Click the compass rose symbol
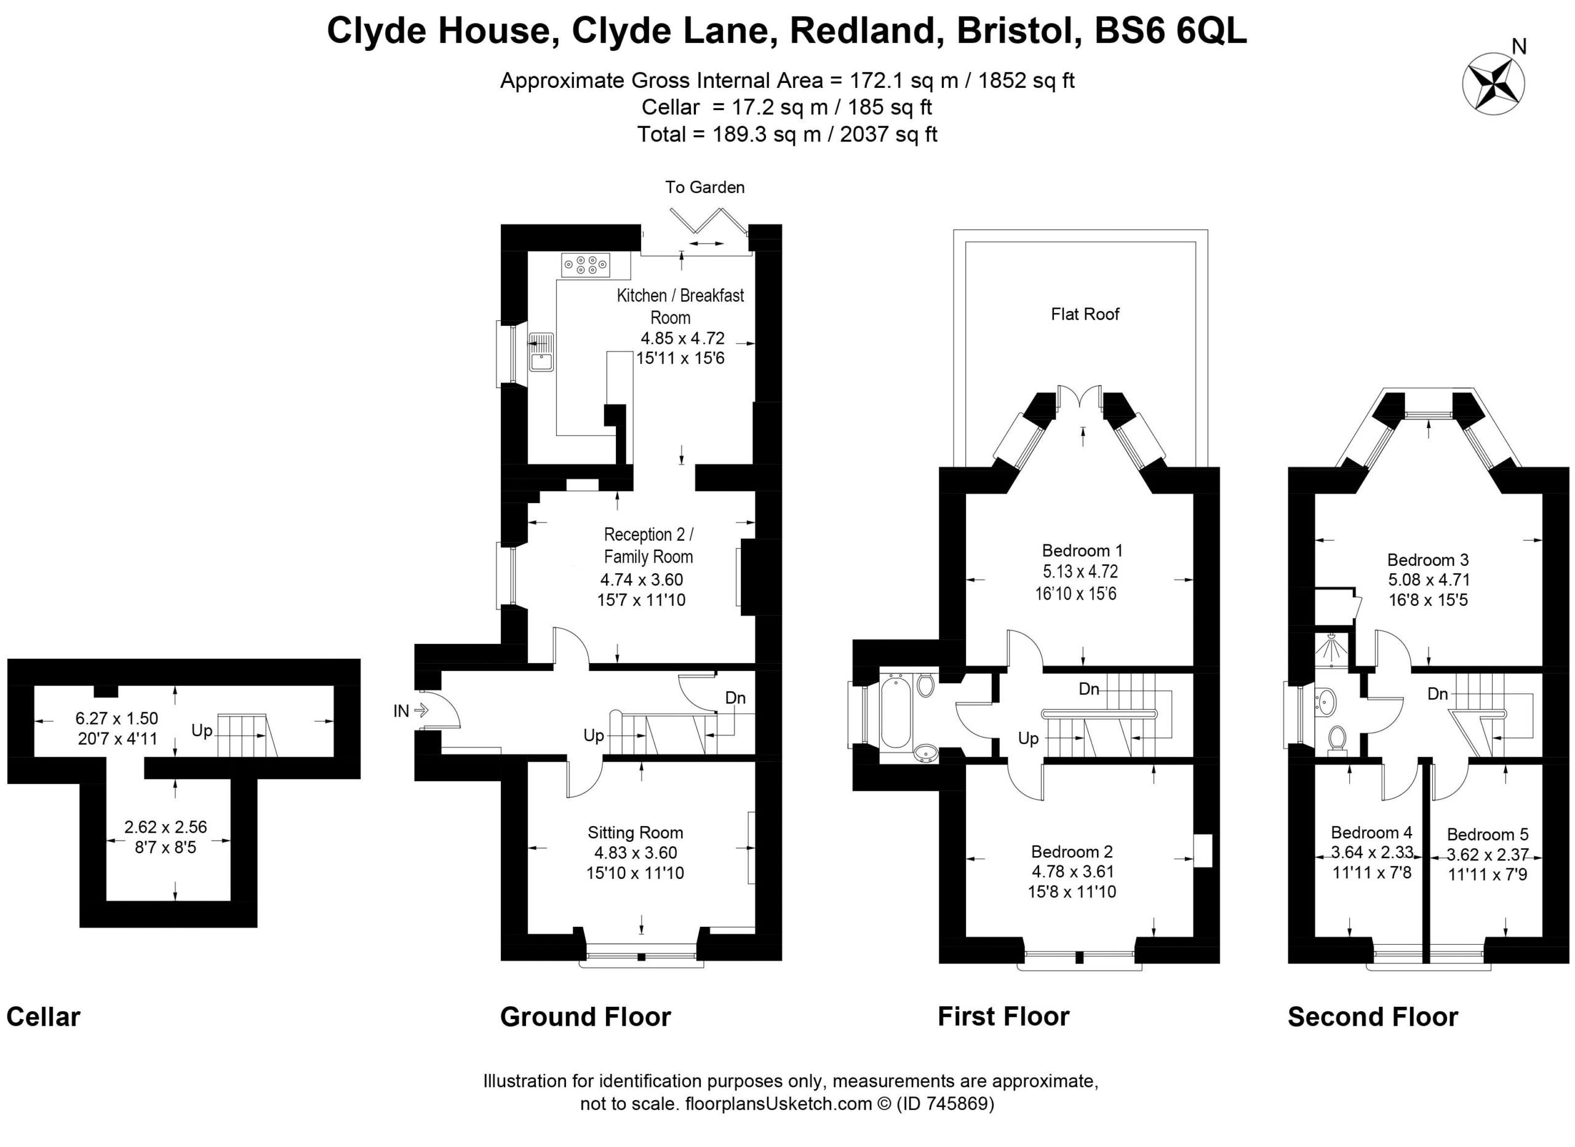click(1493, 83)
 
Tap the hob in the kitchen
click(586, 264)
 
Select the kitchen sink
click(541, 352)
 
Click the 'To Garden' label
click(705, 187)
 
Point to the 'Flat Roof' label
click(1085, 314)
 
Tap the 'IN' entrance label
click(401, 710)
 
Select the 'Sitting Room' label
click(636, 833)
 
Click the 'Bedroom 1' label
click(1082, 550)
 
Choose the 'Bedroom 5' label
click(1488, 834)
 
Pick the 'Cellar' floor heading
click(43, 1017)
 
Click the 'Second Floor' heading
click(1373, 1017)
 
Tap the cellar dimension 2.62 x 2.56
click(165, 827)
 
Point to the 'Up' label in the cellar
click(201, 731)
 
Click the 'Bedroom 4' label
click(1371, 833)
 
